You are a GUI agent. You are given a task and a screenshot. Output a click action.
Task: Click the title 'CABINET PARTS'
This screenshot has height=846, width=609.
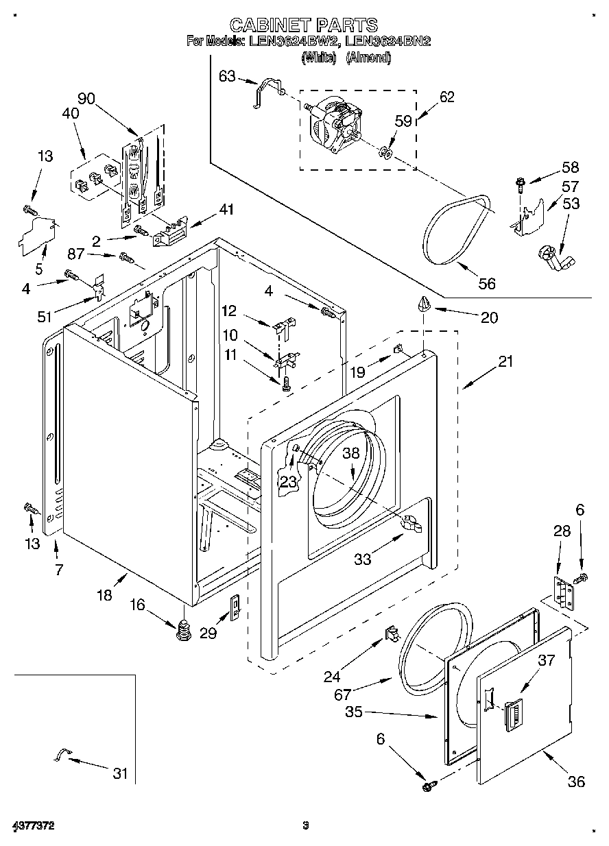tap(303, 25)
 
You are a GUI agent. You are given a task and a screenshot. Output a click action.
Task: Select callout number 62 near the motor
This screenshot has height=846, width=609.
tap(446, 97)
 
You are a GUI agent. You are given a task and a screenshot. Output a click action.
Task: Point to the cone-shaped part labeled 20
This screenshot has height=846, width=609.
tap(424, 304)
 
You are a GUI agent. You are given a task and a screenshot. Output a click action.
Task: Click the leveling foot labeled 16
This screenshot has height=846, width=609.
tap(182, 629)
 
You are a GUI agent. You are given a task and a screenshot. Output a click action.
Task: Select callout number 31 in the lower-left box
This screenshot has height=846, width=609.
tap(120, 773)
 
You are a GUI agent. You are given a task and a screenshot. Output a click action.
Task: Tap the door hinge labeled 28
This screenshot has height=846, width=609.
tap(563, 593)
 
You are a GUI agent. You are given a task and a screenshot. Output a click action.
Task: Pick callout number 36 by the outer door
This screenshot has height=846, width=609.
tap(576, 781)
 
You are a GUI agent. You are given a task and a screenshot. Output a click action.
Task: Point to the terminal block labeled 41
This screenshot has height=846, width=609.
tap(170, 231)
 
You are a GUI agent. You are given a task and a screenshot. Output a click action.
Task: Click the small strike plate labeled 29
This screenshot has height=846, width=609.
tap(234, 607)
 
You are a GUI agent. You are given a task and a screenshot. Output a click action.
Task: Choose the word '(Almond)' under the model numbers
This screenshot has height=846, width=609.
tap(368, 58)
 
